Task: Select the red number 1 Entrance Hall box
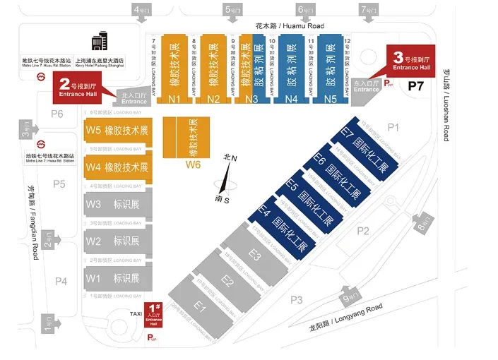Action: pos(153,315)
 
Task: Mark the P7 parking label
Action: pos(415,85)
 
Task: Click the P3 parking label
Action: pos(296,301)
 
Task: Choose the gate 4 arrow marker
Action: pos(139,11)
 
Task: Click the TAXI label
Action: pos(136,313)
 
